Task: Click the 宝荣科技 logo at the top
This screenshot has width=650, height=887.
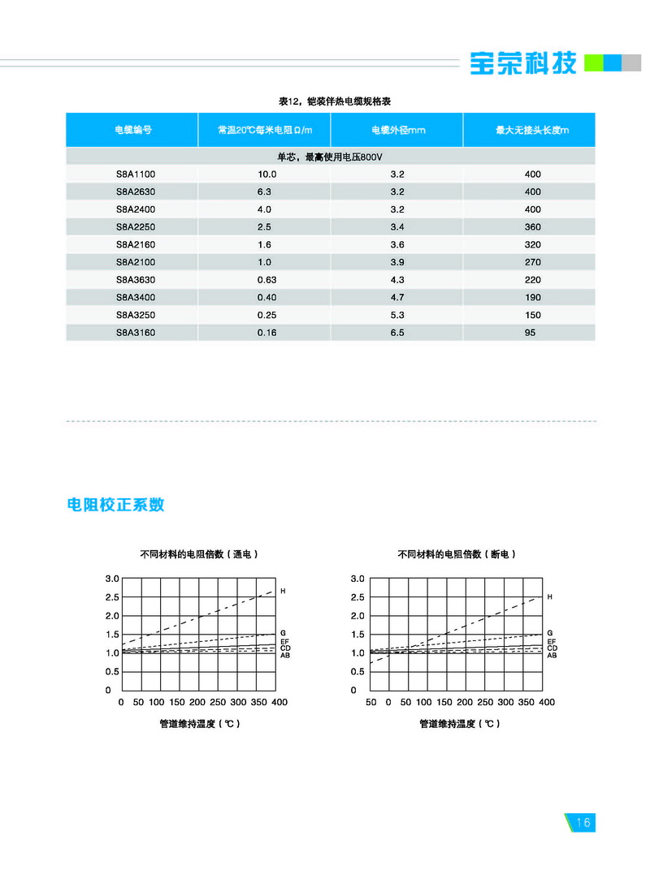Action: pos(523,62)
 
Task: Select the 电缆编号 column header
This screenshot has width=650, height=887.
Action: pos(132,130)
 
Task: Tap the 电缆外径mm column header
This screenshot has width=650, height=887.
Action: pos(397,130)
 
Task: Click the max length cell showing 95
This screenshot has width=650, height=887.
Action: pos(531,333)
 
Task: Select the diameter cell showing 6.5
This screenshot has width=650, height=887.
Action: pos(397,333)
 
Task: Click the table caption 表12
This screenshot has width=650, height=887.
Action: pos(330,101)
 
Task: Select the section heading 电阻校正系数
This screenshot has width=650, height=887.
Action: pos(115,504)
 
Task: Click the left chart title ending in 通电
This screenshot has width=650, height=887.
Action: pos(199,554)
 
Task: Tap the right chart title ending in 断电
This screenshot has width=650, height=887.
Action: pos(457,554)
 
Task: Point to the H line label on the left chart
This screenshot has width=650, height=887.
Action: pos(283,591)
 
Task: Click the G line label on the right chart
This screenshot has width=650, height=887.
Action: pos(550,632)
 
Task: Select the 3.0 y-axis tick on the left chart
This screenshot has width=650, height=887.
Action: pos(112,579)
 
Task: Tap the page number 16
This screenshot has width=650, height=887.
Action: pos(583,822)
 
